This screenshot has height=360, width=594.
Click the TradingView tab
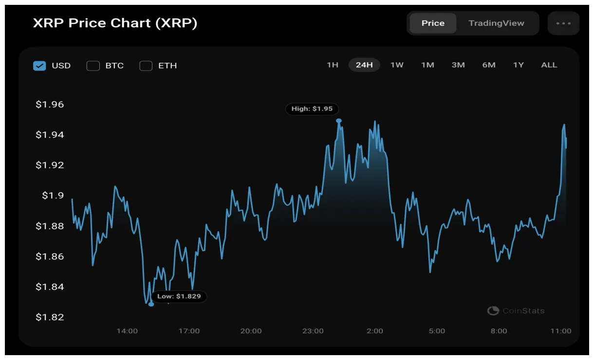pos(496,23)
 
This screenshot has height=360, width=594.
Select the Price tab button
pos(433,23)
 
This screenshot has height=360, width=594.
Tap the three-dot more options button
pos(563,23)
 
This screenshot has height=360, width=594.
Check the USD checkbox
pos(39,66)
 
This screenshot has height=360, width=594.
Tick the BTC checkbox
pos(93,66)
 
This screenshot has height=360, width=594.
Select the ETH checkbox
pos(146,66)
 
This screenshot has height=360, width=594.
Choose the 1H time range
pos(333,65)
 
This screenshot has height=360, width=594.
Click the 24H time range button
pos(364,65)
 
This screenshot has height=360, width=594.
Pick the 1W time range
pos(397,65)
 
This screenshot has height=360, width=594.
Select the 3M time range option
pos(458,65)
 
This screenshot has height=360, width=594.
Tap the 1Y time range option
pos(519,65)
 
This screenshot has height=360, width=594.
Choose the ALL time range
pos(549,65)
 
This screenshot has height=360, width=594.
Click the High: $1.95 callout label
pos(312,109)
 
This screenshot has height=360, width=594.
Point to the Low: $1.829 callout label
pos(179,296)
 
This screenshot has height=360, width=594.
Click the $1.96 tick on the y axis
pos(50,105)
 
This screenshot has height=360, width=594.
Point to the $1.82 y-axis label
pos(50,317)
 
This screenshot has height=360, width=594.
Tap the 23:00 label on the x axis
pos(313,331)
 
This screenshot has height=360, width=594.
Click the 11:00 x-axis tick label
pos(561,331)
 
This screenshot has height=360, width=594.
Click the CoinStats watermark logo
pos(516,311)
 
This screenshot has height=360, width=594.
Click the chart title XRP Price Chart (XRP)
pos(115,23)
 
